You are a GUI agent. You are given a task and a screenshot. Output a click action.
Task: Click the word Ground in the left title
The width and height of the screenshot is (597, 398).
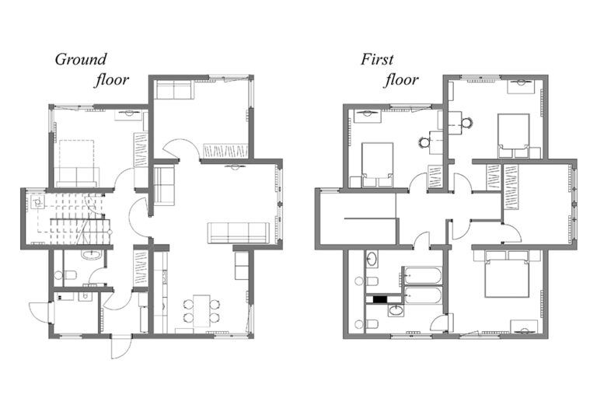click(x=80, y=59)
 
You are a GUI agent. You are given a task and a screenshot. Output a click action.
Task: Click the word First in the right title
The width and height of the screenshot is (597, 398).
click(x=378, y=59)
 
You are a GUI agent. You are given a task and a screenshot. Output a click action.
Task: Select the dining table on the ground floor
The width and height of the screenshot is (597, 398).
click(x=201, y=309)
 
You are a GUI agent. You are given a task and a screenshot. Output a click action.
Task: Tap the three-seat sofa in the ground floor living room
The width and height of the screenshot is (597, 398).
click(x=238, y=232)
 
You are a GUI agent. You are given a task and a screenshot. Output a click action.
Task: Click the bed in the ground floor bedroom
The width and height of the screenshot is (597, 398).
click(x=75, y=162)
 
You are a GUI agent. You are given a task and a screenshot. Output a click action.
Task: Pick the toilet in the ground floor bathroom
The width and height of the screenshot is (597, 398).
click(x=68, y=274)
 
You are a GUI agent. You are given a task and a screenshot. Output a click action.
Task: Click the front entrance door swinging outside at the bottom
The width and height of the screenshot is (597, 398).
click(x=121, y=347)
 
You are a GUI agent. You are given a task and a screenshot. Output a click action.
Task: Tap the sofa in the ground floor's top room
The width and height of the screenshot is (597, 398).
click(x=174, y=90)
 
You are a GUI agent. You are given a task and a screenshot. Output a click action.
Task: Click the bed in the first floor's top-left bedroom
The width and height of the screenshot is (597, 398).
click(x=377, y=165)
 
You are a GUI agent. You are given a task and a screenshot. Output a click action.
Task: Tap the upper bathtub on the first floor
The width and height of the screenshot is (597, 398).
click(x=422, y=276)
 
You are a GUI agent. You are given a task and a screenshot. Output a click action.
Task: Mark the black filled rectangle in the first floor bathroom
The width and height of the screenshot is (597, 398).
click(x=381, y=298)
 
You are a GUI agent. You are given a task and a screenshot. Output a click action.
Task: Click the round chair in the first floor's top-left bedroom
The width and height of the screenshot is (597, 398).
click(x=424, y=141)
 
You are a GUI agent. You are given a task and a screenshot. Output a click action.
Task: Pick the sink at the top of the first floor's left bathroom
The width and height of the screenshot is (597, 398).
click(x=372, y=258)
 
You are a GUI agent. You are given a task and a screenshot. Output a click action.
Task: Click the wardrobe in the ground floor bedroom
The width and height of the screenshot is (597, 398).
click(x=141, y=149)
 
